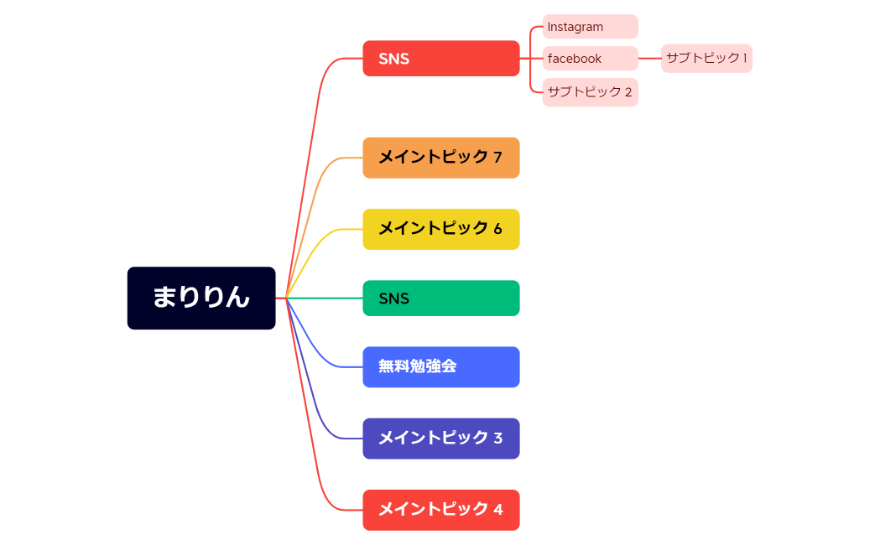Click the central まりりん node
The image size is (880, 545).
201,298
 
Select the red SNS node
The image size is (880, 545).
440,59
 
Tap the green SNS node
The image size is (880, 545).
440,298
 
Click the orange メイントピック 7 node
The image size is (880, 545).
440,158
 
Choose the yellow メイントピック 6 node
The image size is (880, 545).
440,229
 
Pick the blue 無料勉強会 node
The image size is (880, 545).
440,367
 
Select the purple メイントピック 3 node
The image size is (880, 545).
440,439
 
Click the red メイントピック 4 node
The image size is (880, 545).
440,510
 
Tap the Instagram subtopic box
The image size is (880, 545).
590,27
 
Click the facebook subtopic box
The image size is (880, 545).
590,59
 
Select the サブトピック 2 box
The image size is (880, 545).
590,92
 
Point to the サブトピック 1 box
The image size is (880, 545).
706,59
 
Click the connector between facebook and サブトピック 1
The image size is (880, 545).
650,59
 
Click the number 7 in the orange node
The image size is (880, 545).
497,158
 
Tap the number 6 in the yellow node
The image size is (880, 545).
497,229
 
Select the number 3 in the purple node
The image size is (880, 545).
497,439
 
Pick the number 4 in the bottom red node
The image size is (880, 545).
497,510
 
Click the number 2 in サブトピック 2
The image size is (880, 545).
628,92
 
